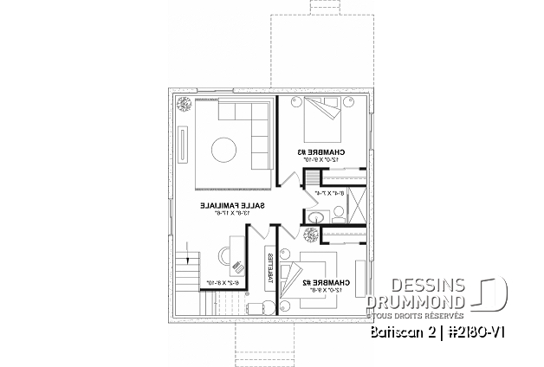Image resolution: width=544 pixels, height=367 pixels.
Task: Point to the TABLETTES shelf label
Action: point(270,268)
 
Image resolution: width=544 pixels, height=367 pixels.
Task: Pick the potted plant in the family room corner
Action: point(184,104)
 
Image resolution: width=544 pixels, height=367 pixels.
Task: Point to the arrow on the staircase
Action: point(184,260)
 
